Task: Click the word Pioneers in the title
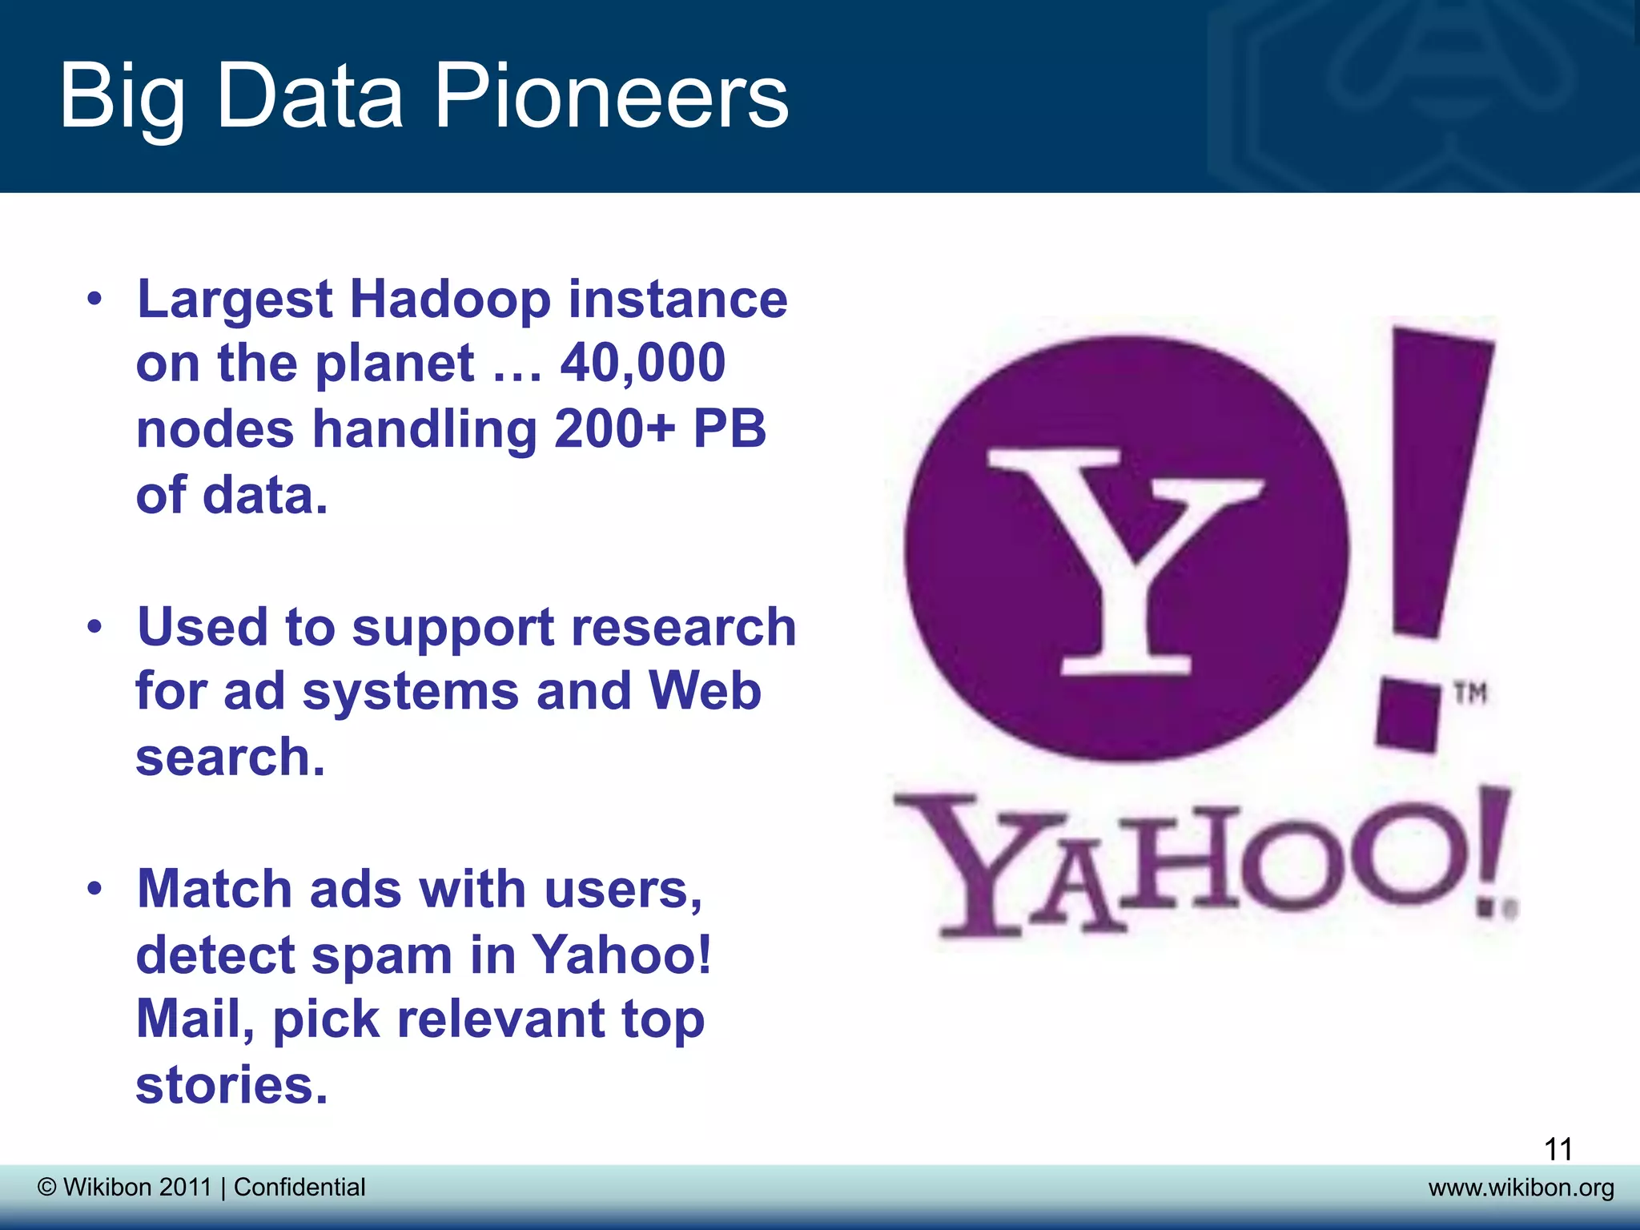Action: (611, 98)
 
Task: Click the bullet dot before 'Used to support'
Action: (95, 627)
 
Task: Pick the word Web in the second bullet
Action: (704, 691)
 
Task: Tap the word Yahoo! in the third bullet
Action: (621, 955)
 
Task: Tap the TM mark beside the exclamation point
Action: (1471, 693)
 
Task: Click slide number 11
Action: (1558, 1149)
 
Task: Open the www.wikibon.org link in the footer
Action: (1521, 1187)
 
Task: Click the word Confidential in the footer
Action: (299, 1187)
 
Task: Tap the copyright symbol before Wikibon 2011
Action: (47, 1187)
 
